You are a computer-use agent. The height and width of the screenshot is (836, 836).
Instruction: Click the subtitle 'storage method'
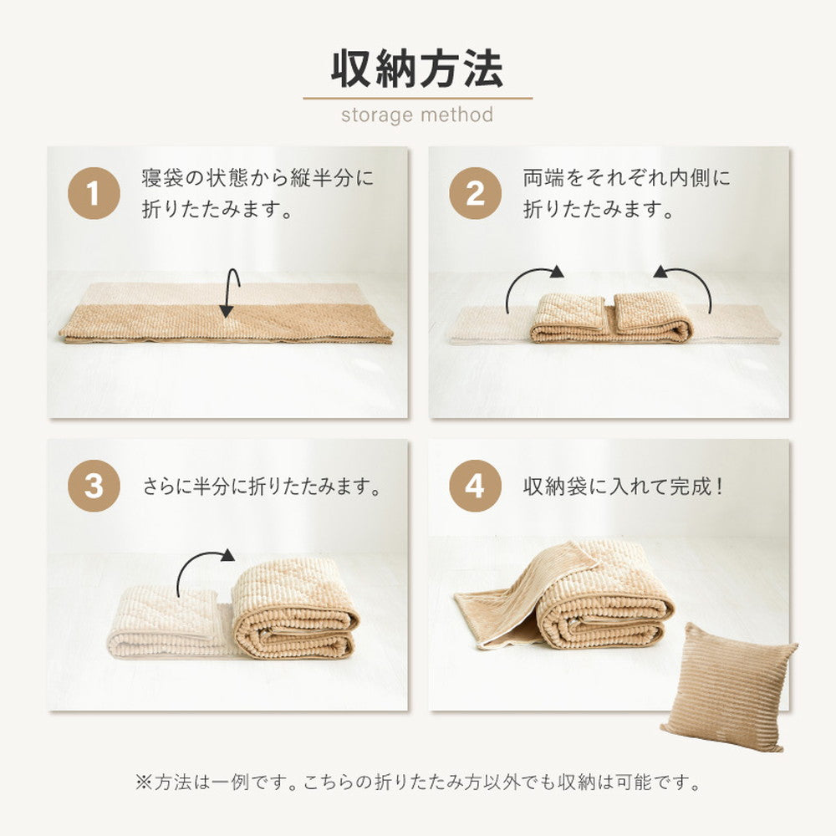(x=417, y=115)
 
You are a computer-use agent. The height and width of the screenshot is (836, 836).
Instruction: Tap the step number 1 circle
(x=93, y=196)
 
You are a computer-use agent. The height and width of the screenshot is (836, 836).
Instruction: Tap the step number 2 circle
(x=475, y=196)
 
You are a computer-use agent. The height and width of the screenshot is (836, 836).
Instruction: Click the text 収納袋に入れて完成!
(x=624, y=487)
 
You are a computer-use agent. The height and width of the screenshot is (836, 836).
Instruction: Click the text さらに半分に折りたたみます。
(x=262, y=487)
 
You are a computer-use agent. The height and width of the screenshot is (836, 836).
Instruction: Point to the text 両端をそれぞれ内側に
(x=627, y=178)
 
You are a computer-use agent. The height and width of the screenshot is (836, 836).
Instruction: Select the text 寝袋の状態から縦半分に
(x=257, y=178)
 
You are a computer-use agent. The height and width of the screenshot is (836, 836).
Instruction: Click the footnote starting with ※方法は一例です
(x=417, y=783)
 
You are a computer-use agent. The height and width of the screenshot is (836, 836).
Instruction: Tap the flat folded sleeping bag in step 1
(x=226, y=324)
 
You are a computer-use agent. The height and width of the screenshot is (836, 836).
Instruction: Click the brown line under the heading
(x=417, y=98)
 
